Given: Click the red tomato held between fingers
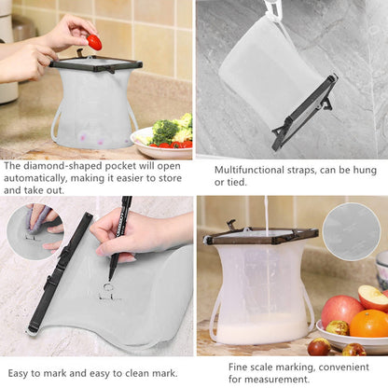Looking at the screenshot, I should click(94, 42).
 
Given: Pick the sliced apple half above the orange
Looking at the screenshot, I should click(373, 297).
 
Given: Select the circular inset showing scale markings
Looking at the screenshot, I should click(351, 229).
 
